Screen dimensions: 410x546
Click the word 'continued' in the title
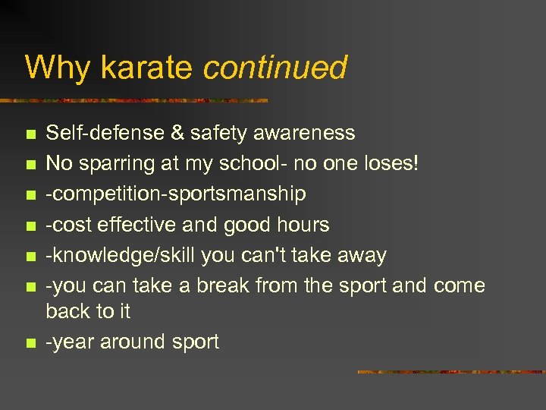[x=275, y=68]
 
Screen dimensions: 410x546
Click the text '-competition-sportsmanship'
[x=176, y=194]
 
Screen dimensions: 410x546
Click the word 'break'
[x=223, y=285]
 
